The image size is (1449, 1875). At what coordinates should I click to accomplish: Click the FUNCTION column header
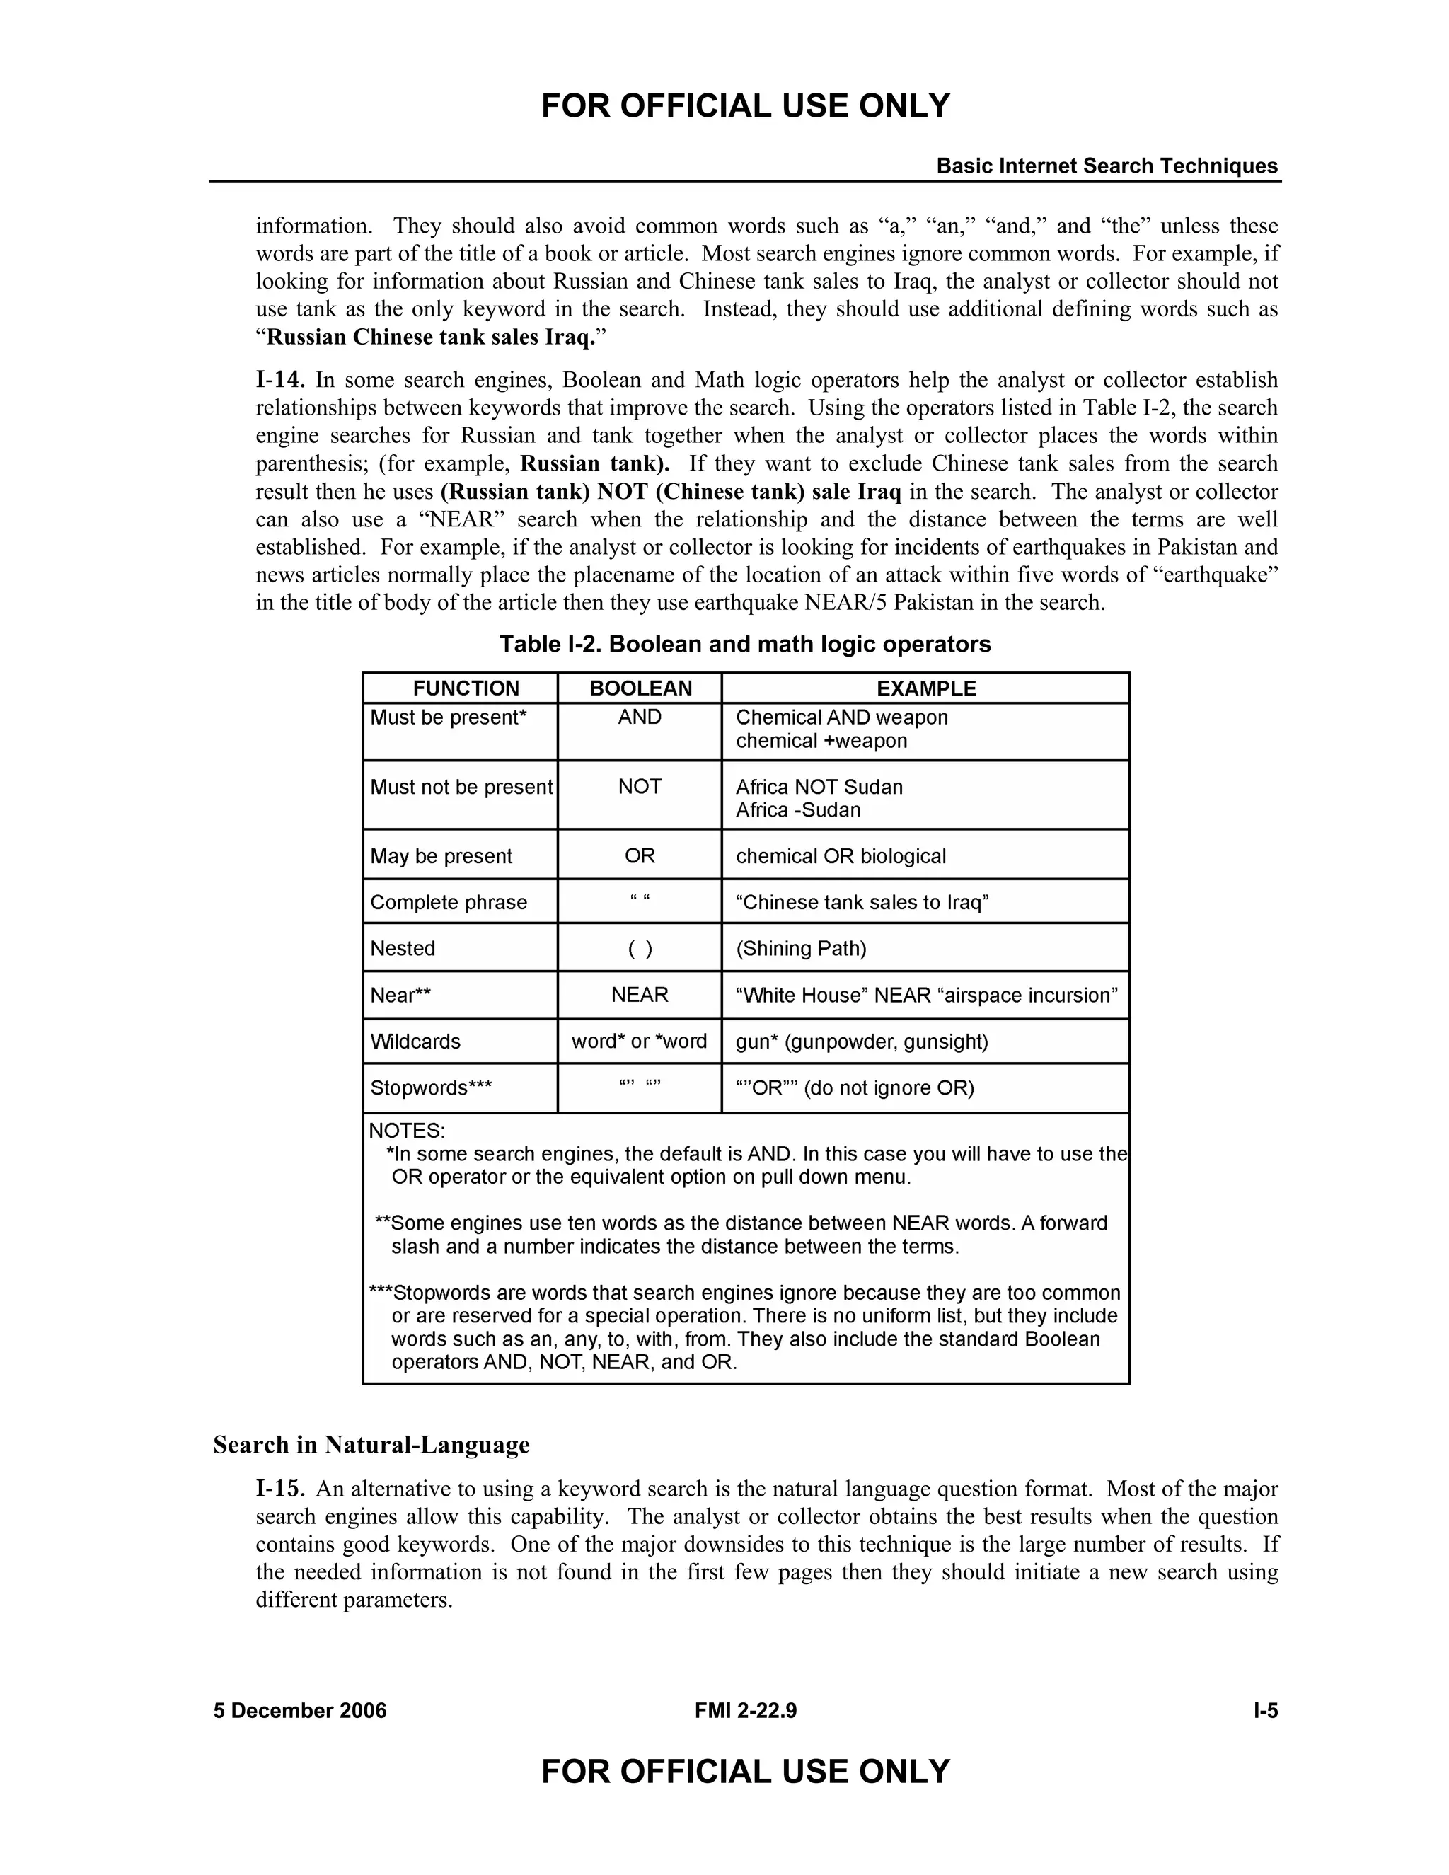click(466, 688)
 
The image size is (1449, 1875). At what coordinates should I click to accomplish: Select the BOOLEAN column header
click(640, 688)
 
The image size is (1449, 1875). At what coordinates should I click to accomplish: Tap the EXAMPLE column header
click(925, 688)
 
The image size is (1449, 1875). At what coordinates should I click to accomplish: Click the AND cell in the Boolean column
click(640, 717)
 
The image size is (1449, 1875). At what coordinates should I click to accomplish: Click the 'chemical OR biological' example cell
click(841, 856)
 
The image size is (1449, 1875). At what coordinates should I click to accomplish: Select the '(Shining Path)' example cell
click(801, 948)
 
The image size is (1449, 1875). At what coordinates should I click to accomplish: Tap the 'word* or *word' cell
click(640, 1041)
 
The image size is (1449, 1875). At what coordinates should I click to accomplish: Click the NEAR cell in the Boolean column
click(640, 994)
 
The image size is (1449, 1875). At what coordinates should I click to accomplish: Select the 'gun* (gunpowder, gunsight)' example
click(862, 1042)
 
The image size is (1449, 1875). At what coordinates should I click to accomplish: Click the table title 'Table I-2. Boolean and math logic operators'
click(745, 644)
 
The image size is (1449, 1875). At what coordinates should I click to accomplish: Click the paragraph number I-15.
click(280, 1489)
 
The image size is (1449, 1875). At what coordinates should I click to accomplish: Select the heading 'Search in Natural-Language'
click(371, 1445)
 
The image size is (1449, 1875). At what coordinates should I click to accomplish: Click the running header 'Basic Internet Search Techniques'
click(1107, 166)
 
